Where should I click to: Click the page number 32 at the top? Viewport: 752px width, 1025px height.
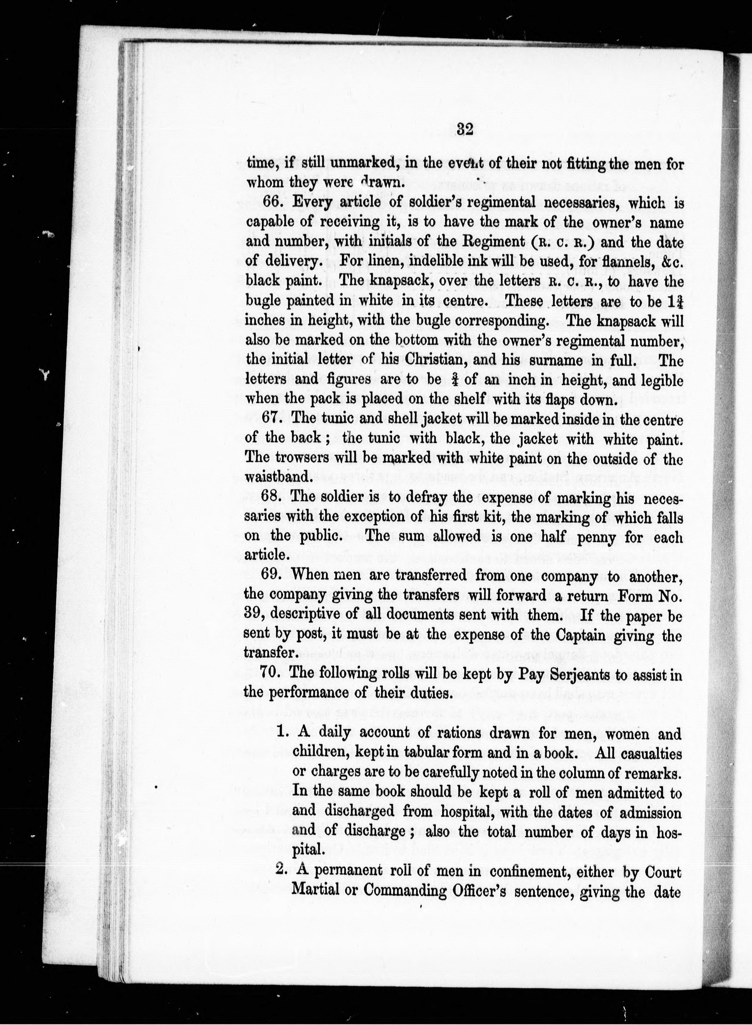pos(465,129)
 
